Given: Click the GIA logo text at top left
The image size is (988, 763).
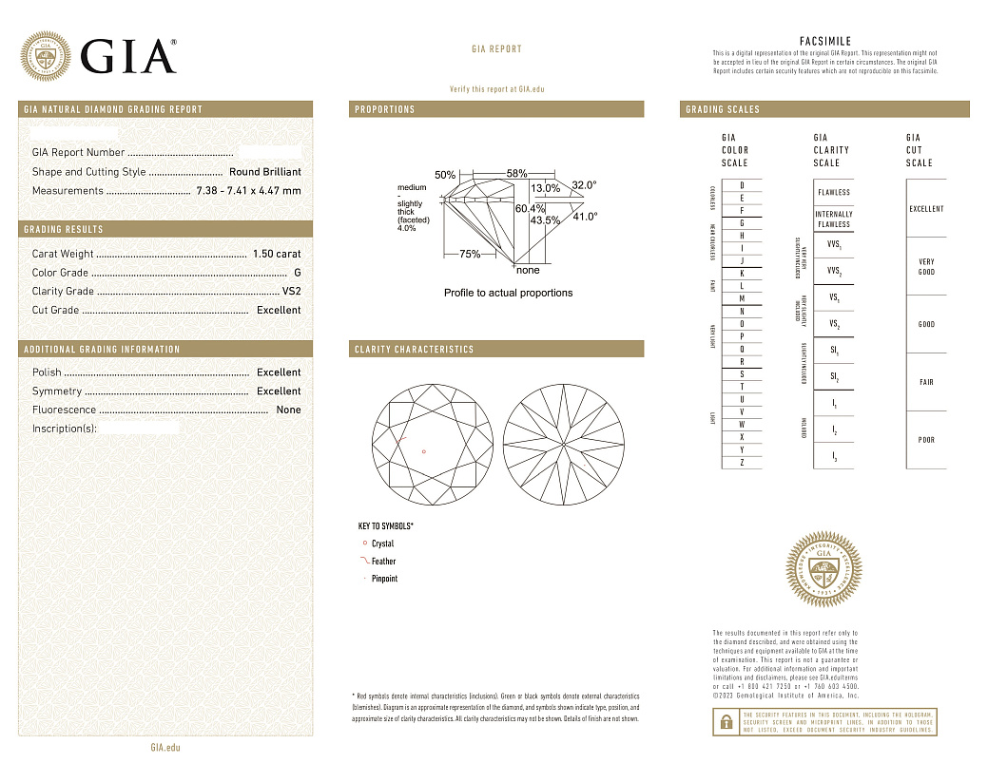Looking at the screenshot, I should [128, 57].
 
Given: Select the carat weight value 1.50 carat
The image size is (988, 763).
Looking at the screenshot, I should [276, 254].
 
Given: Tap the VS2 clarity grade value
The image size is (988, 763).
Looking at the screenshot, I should [291, 292].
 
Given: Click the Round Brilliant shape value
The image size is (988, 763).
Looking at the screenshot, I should [264, 172].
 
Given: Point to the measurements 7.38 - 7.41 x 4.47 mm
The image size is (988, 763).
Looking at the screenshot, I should [248, 191].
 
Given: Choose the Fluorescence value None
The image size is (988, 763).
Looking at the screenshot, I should [288, 410].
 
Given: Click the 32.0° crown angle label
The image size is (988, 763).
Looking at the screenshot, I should [584, 185].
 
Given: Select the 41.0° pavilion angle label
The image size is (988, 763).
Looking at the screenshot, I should [584, 217].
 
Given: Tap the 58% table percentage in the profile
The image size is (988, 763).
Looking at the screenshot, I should [516, 174].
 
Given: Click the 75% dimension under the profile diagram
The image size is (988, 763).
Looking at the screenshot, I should [469, 255].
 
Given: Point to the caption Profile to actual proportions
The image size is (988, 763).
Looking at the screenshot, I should [508, 293].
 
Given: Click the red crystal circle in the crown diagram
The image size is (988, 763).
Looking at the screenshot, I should [423, 451].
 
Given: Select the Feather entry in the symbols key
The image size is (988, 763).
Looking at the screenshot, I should [383, 562].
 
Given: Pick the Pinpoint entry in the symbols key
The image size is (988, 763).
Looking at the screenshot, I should [384, 579].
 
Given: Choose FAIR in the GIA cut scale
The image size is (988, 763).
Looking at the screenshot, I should [926, 382].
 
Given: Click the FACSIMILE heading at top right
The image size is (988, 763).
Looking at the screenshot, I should [824, 42].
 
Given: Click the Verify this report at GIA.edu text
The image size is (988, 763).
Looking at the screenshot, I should [496, 88].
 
